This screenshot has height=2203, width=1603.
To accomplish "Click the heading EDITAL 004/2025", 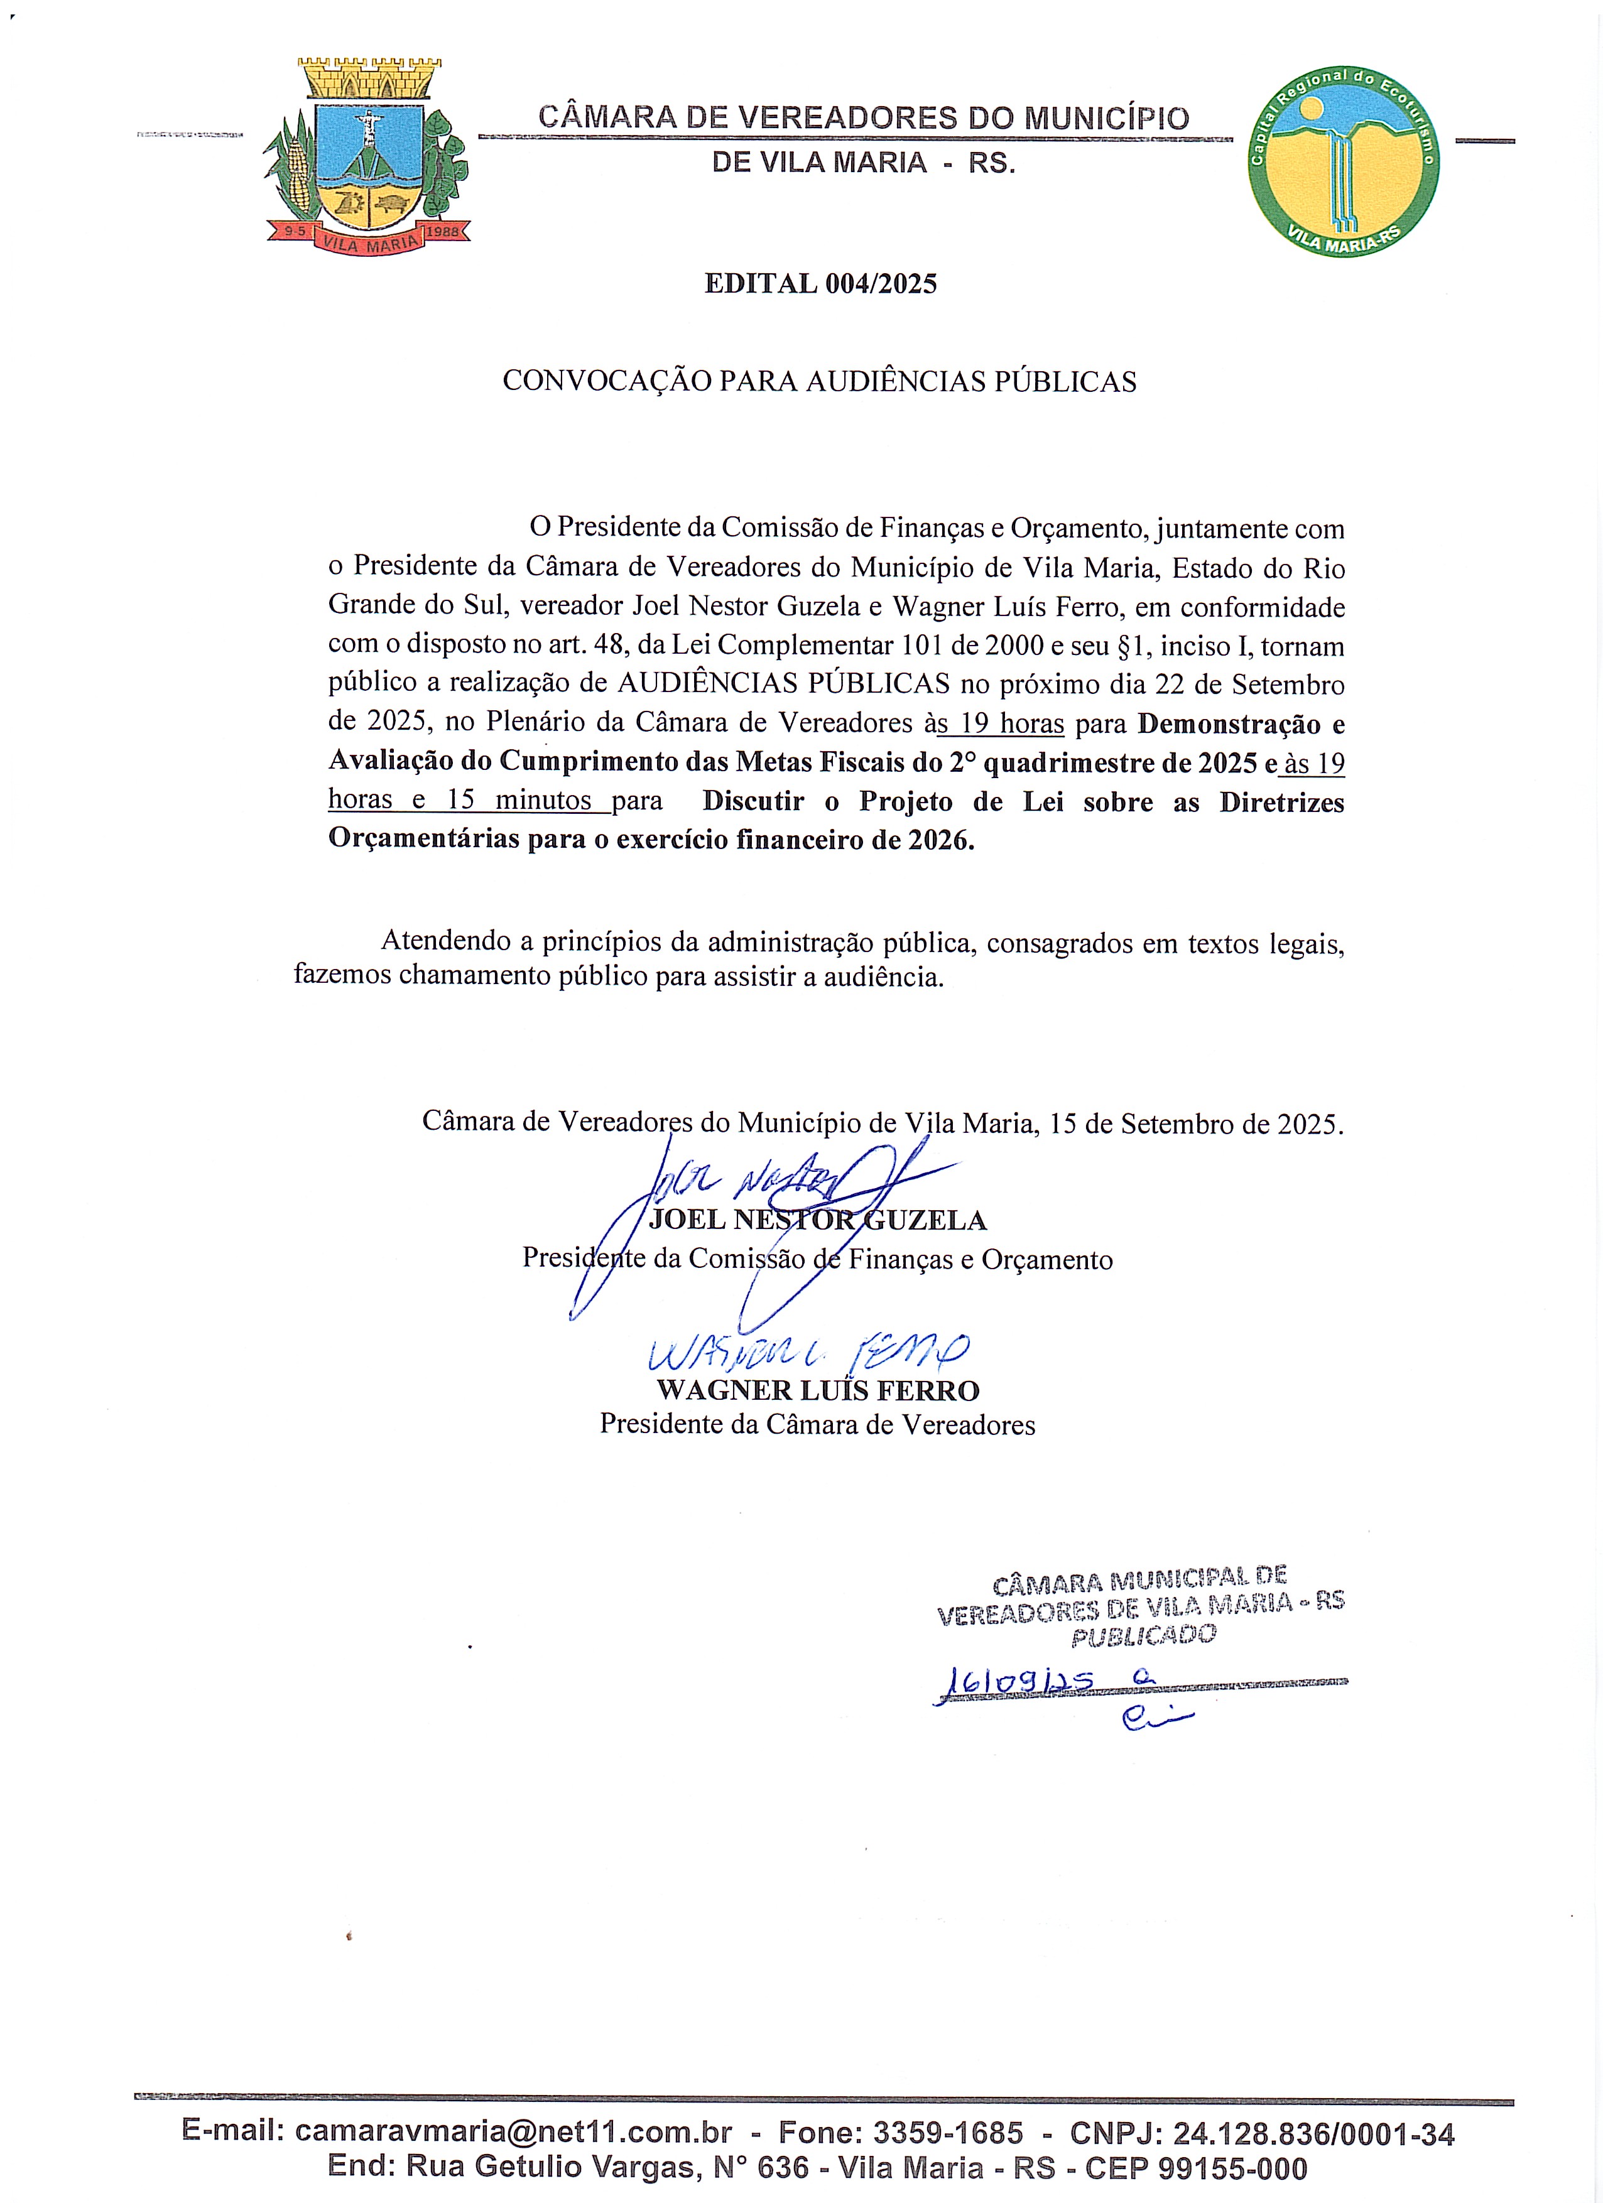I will (820, 284).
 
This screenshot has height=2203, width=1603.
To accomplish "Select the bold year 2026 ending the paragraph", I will (940, 839).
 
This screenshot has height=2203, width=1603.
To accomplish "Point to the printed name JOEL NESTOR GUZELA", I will (817, 1220).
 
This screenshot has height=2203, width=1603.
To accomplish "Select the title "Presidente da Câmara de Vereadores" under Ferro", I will (817, 1424).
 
